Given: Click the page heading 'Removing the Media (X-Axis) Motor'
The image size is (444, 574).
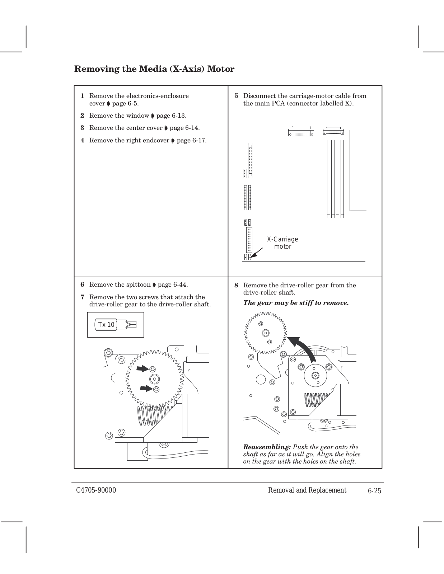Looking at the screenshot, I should pyautogui.click(x=154, y=69).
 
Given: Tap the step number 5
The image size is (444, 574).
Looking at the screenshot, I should pyautogui.click(x=236, y=96).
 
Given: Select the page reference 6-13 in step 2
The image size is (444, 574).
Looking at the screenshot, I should pyautogui.click(x=171, y=116).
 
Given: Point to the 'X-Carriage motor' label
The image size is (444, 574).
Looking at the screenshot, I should pyautogui.click(x=282, y=243).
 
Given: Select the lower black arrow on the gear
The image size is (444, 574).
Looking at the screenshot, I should pyautogui.click(x=146, y=387).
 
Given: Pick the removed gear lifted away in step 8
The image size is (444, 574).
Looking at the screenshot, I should pyautogui.click(x=266, y=333).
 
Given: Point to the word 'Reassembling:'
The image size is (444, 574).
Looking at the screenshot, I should pyautogui.click(x=267, y=447).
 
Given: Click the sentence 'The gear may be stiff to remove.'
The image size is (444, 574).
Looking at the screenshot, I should pyautogui.click(x=296, y=303).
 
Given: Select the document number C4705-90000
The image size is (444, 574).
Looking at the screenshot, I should pyautogui.click(x=96, y=490).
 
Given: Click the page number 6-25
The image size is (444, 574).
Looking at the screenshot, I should pyautogui.click(x=374, y=491).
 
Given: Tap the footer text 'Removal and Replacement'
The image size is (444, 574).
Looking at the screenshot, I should pyautogui.click(x=307, y=490).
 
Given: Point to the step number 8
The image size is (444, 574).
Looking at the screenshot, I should pyautogui.click(x=236, y=285).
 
